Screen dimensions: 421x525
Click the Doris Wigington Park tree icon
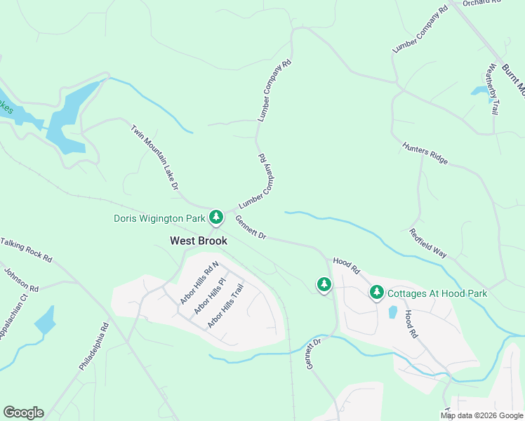[x=217, y=217]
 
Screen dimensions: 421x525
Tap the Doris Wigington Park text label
[x=160, y=218]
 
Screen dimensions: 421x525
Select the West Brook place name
[x=199, y=240]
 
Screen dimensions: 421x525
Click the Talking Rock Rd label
[x=27, y=250]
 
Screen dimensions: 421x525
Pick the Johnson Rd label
[x=21, y=279]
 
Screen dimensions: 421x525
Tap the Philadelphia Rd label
[x=95, y=347]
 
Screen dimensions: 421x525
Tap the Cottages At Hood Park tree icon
[x=377, y=291]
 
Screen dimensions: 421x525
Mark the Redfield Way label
[x=428, y=243]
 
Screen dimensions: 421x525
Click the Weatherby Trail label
[x=493, y=89]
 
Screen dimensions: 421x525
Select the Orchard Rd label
[x=485, y=3]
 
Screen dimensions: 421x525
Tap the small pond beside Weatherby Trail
[x=481, y=91]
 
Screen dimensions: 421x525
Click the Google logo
[x=23, y=413]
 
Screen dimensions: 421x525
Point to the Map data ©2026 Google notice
[x=482, y=415]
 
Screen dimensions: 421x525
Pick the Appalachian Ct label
[x=13, y=312]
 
